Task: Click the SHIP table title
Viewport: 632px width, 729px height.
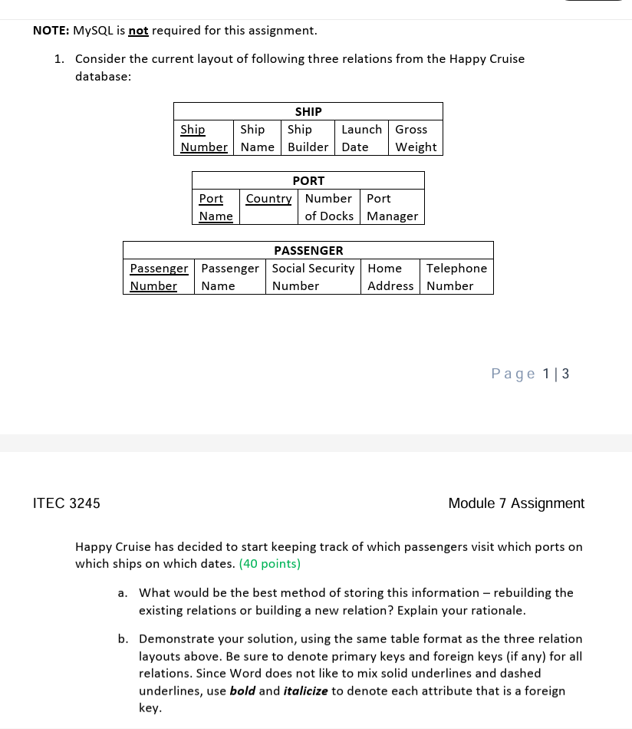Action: pyautogui.click(x=308, y=111)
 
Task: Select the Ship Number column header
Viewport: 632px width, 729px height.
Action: pyautogui.click(x=203, y=138)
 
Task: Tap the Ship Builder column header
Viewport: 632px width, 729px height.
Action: pyautogui.click(x=308, y=138)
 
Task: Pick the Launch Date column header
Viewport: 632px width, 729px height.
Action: pyautogui.click(x=361, y=138)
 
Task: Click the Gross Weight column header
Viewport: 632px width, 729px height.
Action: pyautogui.click(x=416, y=138)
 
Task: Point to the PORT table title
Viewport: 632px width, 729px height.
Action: pyautogui.click(x=308, y=180)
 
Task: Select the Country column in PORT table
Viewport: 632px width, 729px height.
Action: pyautogui.click(x=268, y=199)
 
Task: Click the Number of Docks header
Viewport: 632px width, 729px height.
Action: pyautogui.click(x=328, y=207)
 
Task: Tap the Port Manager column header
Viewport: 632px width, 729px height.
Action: pyautogui.click(x=392, y=207)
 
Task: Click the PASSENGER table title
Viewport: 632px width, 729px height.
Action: pyautogui.click(x=308, y=250)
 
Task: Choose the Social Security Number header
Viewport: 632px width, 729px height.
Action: pyautogui.click(x=313, y=277)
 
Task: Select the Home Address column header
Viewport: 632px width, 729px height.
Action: pyautogui.click(x=390, y=277)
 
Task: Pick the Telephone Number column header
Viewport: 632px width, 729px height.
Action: pyautogui.click(x=456, y=277)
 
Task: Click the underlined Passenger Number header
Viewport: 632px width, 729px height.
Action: pyautogui.click(x=159, y=277)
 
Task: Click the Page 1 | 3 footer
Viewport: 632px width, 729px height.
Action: pyautogui.click(x=530, y=374)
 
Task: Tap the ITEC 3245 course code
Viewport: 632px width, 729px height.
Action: pyautogui.click(x=66, y=503)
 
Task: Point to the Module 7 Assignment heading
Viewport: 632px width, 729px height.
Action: pyautogui.click(x=515, y=503)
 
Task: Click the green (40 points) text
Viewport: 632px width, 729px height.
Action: pyautogui.click(x=269, y=564)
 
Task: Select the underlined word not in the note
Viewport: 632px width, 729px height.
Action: pyautogui.click(x=138, y=31)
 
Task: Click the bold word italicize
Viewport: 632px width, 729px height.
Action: pyautogui.click(x=305, y=691)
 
